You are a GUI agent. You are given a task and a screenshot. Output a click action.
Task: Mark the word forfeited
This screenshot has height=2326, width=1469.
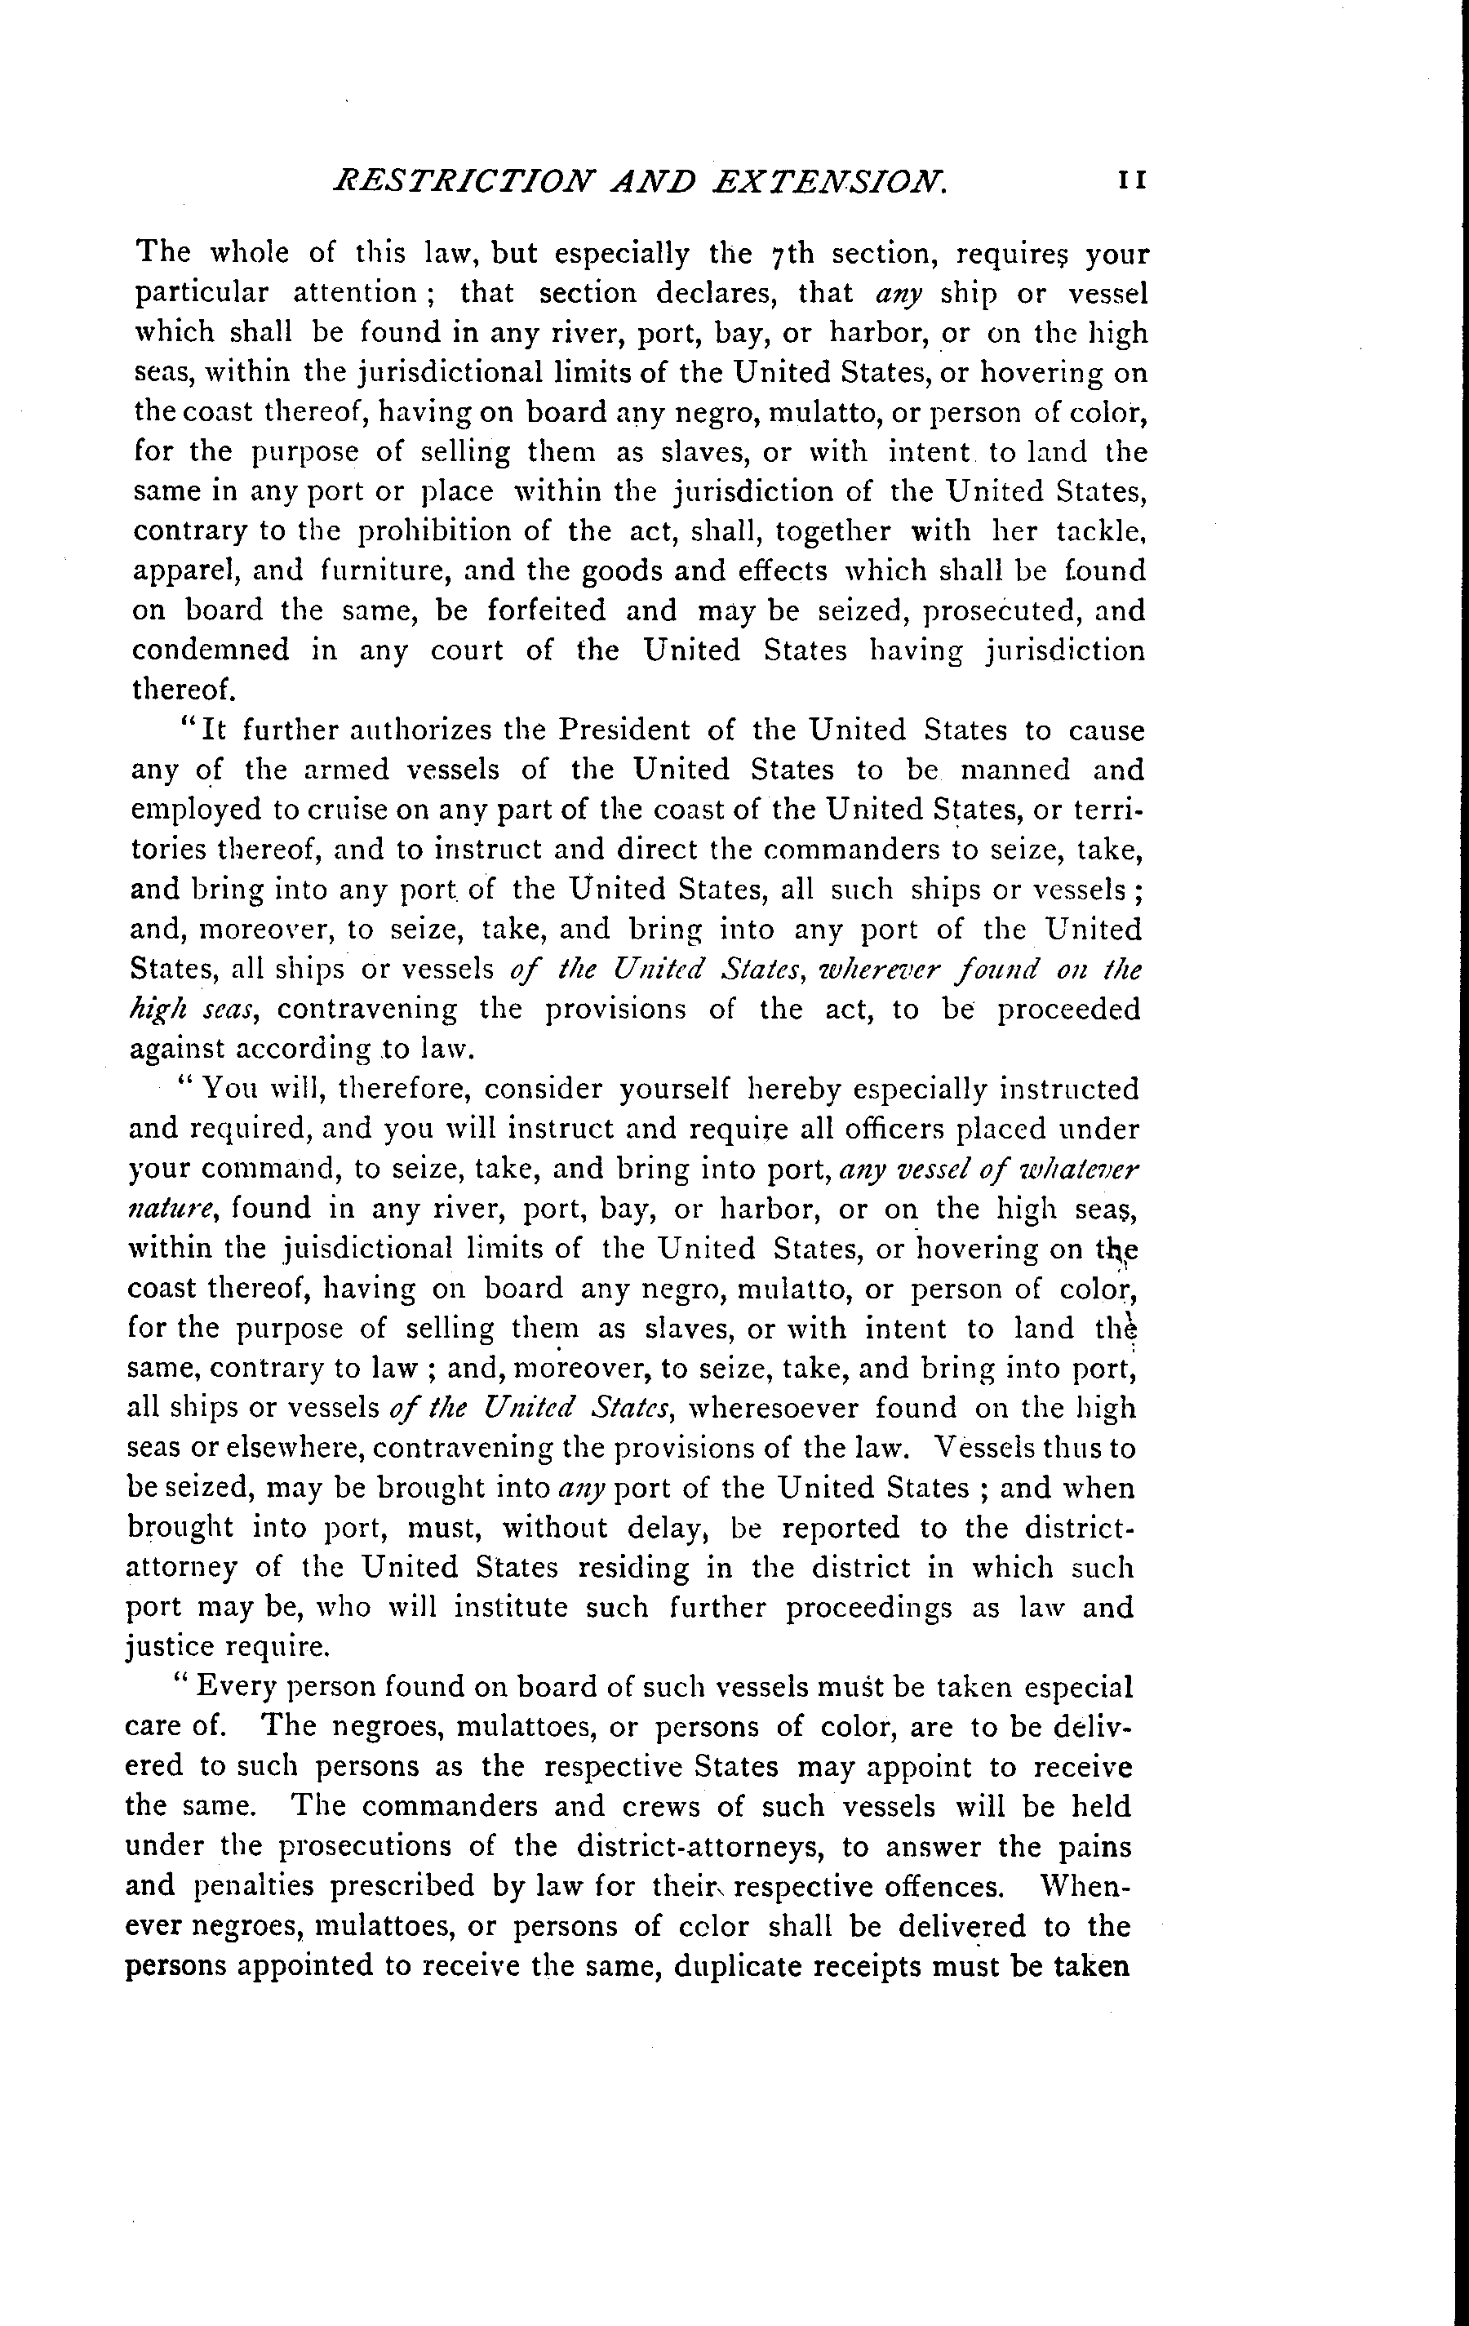click(547, 610)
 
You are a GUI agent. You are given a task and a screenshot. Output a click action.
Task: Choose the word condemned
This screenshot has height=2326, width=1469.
click(211, 650)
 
